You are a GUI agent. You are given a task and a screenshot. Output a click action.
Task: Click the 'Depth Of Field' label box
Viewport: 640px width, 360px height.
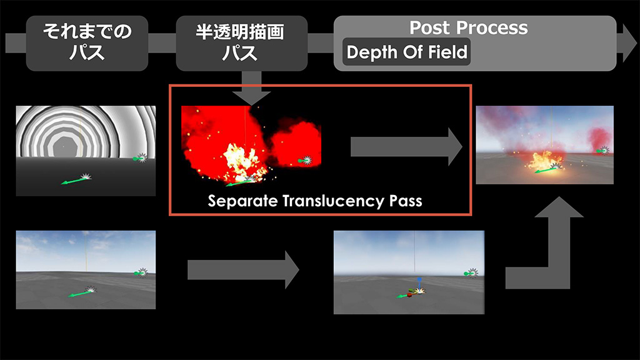(x=407, y=52)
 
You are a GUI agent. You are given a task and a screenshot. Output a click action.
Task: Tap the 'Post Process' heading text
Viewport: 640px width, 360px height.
(x=468, y=28)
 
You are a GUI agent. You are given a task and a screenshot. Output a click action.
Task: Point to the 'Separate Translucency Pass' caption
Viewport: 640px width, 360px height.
(x=315, y=201)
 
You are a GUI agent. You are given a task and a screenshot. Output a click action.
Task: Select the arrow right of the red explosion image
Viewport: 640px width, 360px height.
(x=406, y=147)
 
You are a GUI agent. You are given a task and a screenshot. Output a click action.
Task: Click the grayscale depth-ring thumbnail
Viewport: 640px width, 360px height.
(x=86, y=151)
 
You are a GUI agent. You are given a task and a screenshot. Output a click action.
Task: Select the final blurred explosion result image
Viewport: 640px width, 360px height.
(x=544, y=145)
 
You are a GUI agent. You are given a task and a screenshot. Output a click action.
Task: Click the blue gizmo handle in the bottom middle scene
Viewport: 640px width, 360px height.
(x=419, y=282)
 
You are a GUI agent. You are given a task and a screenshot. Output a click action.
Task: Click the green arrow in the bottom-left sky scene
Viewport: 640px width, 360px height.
(x=79, y=292)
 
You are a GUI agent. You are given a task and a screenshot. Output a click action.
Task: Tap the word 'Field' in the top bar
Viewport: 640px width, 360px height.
(x=447, y=52)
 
